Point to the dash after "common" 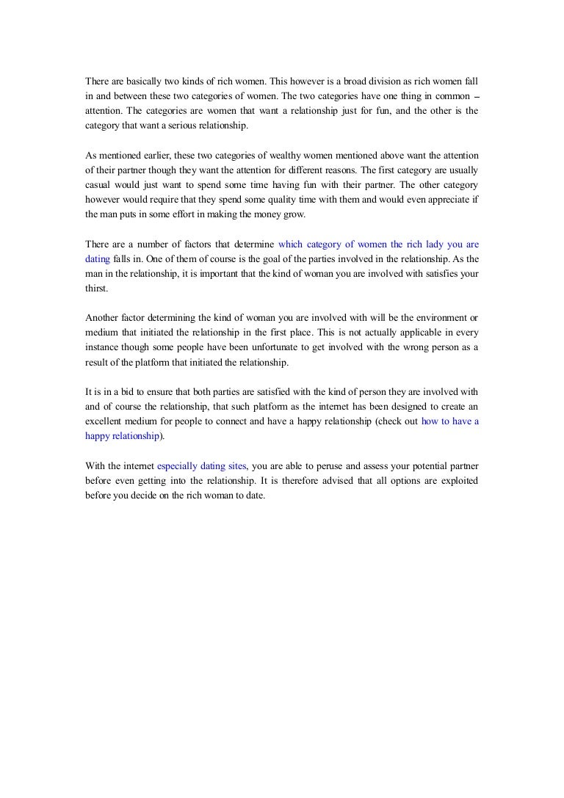point(475,95)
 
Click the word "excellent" point(106,421)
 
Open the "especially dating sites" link point(202,465)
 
